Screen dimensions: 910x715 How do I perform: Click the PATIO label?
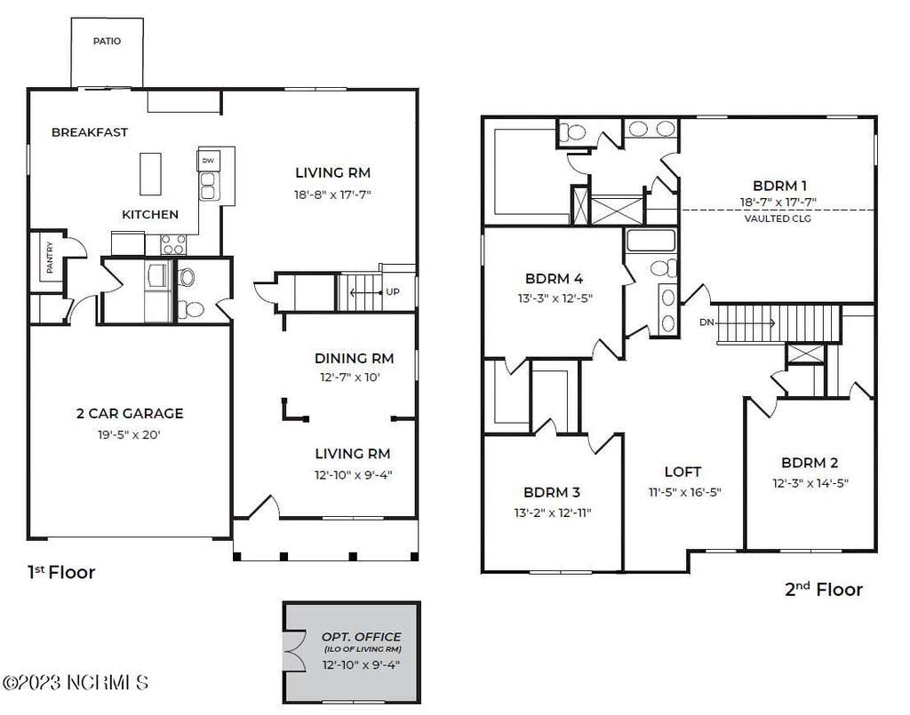pos(108,41)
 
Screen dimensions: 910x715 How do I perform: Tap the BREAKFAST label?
pos(90,132)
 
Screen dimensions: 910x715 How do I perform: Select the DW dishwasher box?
pos(208,161)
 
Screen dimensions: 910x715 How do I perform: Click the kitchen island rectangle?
pos(150,174)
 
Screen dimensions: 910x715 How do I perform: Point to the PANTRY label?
pos(50,257)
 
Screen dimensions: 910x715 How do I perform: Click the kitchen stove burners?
pos(173,245)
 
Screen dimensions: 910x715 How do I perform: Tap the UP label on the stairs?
pos(393,291)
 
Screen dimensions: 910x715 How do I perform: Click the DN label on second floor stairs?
pos(706,322)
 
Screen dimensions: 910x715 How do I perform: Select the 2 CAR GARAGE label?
pos(130,414)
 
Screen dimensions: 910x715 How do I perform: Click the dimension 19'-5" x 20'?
pos(129,434)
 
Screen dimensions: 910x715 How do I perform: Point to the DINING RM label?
pos(354,358)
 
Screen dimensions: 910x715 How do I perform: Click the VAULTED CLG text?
pos(778,218)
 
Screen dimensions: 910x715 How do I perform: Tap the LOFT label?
pos(683,472)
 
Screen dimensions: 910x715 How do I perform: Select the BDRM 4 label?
pos(555,278)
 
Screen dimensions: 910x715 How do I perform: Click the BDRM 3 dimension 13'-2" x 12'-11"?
pos(553,512)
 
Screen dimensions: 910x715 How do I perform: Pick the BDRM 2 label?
pos(810,463)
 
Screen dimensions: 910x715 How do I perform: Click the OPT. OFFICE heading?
pos(361,637)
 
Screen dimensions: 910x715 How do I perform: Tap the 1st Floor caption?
pos(61,572)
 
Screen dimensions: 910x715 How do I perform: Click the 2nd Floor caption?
pos(824,590)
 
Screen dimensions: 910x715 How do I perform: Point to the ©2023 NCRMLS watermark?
pos(76,682)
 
